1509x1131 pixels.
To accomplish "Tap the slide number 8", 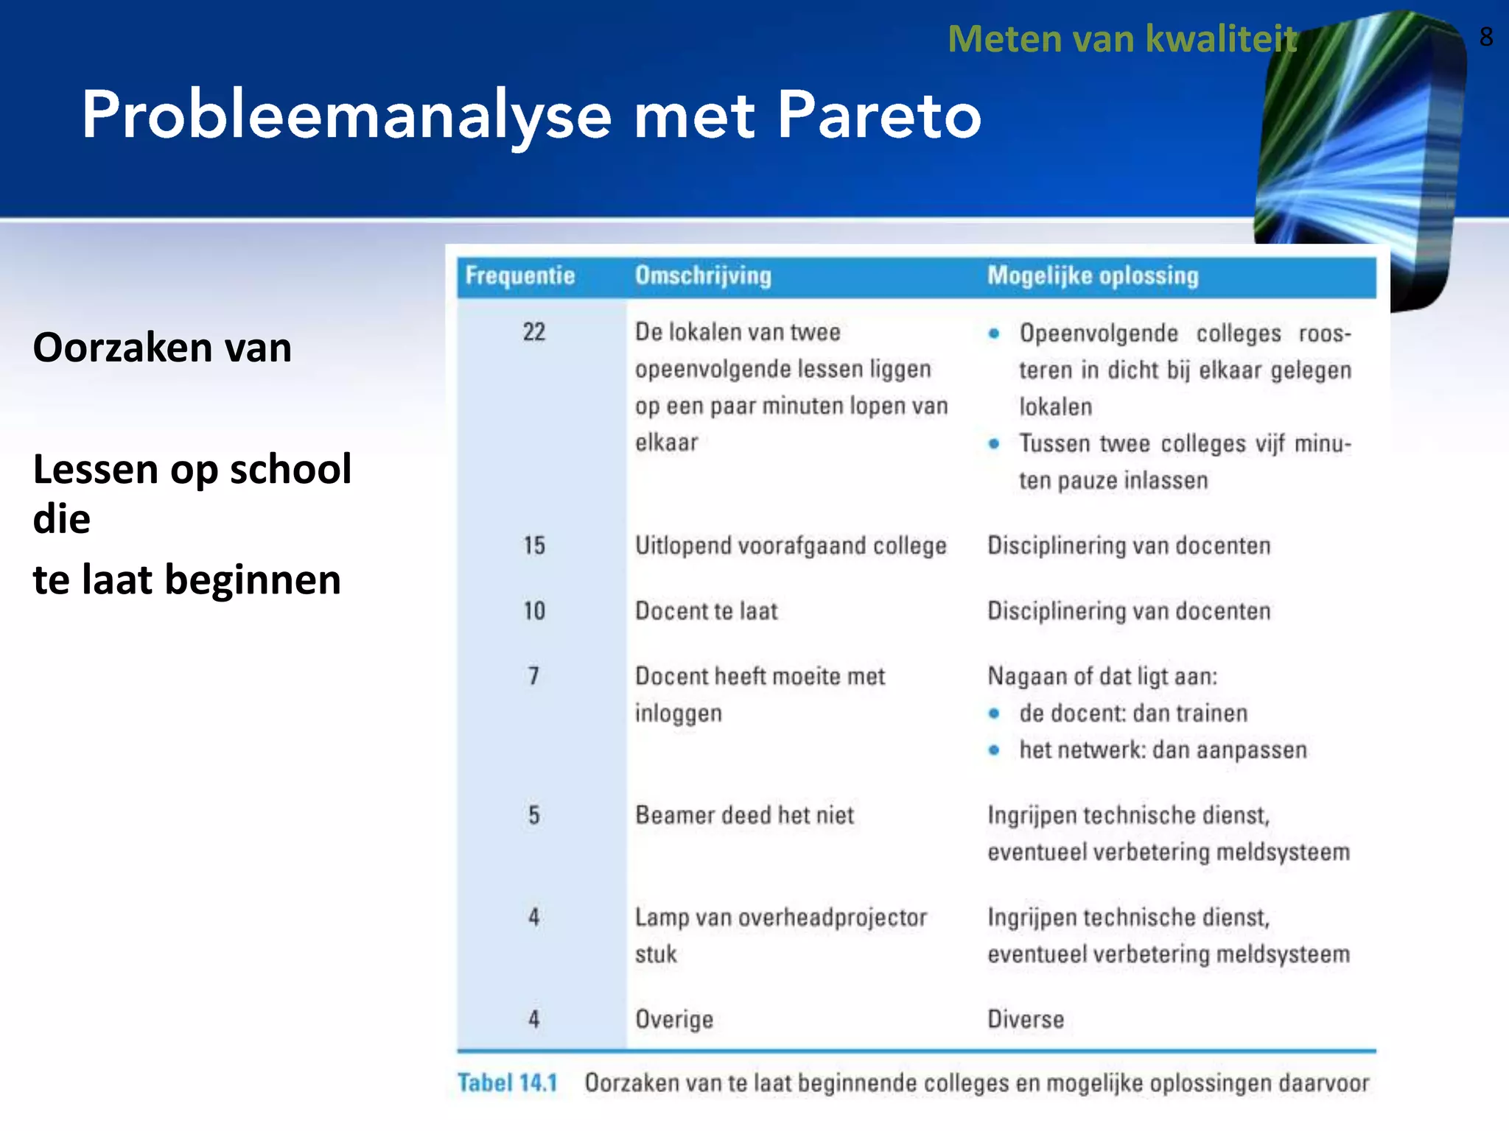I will pyautogui.click(x=1485, y=37).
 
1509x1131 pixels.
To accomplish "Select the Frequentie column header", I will pyautogui.click(x=519, y=275).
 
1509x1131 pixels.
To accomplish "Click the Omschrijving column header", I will pyautogui.click(x=703, y=275).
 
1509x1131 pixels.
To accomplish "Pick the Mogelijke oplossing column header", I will pyautogui.click(x=1093, y=275).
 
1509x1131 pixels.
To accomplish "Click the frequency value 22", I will pyautogui.click(x=534, y=332).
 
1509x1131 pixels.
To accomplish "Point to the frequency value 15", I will pyautogui.click(x=534, y=546).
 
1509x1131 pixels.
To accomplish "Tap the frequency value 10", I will pyautogui.click(x=534, y=611).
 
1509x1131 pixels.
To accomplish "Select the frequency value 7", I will pyautogui.click(x=533, y=676).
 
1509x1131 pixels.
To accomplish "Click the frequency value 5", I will pyautogui.click(x=533, y=815).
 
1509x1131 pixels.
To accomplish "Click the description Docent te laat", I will pyautogui.click(x=706, y=611).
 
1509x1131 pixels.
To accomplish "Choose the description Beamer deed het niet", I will pyautogui.click(x=744, y=815).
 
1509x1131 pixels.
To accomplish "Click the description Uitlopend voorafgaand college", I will pyautogui.click(x=791, y=546).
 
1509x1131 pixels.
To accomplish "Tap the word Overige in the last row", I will pyautogui.click(x=674, y=1020).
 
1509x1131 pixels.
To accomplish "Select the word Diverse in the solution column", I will pyautogui.click(x=1026, y=1020).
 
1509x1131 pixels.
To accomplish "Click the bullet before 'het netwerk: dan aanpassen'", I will pyautogui.click(x=994, y=750).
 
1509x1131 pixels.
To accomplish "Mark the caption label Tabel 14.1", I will pyautogui.click(x=507, y=1083).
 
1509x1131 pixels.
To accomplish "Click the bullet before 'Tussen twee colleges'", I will pyautogui.click(x=994, y=444).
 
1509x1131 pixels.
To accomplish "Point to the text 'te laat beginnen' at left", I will pyautogui.click(x=187, y=579).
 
